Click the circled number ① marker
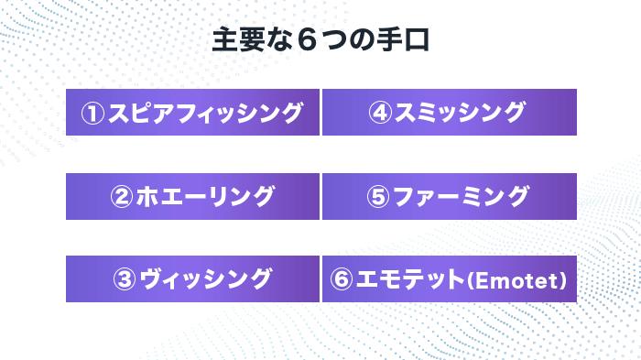(93, 113)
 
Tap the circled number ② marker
(123, 196)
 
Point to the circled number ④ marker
(381, 113)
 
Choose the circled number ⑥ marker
(342, 279)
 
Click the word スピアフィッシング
(204, 113)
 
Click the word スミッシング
(460, 113)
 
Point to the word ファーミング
(461, 196)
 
